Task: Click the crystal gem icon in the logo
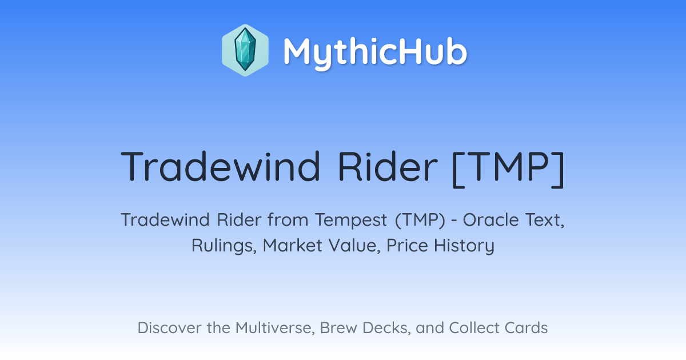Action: [245, 50]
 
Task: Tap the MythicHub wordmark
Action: [375, 53]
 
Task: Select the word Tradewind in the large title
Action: [221, 166]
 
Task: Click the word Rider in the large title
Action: [388, 166]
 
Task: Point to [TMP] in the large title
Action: [508, 169]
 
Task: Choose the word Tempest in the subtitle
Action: [351, 221]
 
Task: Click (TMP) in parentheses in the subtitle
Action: [420, 221]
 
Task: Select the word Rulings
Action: [224, 246]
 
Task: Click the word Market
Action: [293, 246]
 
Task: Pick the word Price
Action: [407, 246]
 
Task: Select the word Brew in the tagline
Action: [338, 327]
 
